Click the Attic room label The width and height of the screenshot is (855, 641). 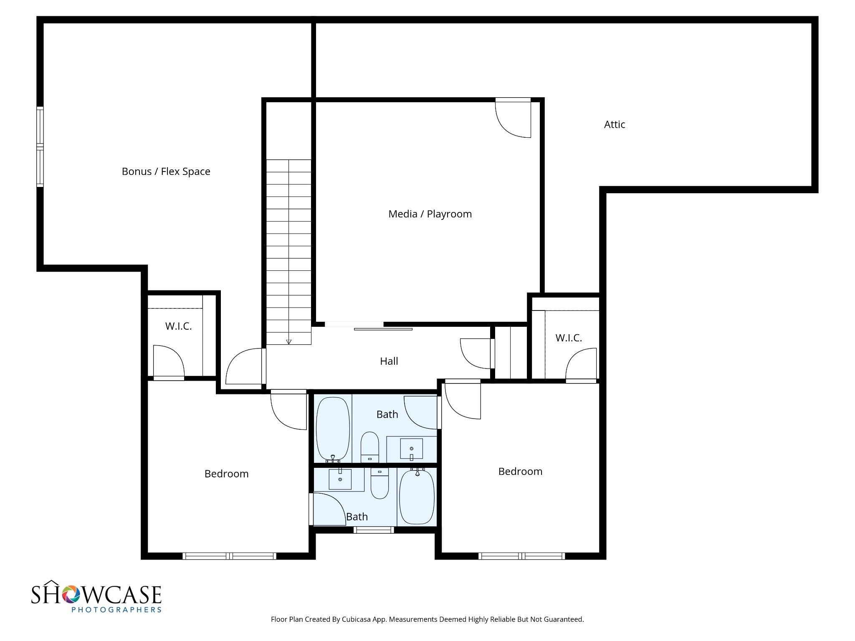[615, 124]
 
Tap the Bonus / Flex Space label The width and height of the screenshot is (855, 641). [166, 172]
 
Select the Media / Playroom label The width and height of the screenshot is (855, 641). [430, 214]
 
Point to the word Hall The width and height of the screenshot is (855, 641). [389, 361]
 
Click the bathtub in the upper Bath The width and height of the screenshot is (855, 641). [333, 429]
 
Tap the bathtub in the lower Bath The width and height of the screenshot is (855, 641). [417, 496]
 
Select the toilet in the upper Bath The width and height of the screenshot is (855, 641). [369, 447]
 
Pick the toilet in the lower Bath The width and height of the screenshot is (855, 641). [379, 483]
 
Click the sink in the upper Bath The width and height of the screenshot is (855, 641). [412, 449]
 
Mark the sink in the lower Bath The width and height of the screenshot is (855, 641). [340, 479]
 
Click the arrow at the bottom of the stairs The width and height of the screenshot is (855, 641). [288, 342]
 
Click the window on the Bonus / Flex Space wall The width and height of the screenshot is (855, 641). [40, 146]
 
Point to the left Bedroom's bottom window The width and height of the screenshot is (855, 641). [229, 556]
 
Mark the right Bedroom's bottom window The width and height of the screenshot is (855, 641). [521, 556]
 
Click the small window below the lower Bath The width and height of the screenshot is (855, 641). [374, 530]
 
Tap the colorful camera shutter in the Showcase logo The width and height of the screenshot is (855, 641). [71, 594]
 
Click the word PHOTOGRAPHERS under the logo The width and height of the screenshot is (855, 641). [116, 610]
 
